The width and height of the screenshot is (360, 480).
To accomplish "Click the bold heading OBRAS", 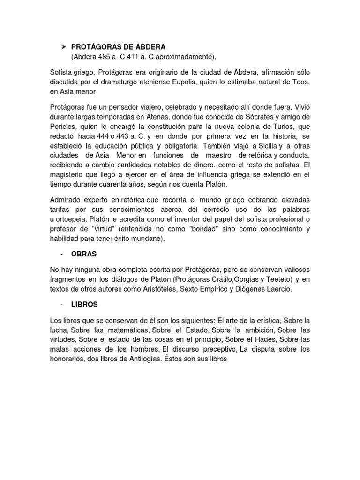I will [84, 254].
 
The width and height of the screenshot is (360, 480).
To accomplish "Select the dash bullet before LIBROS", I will [62, 304].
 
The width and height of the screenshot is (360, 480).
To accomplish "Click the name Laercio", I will [277, 289].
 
